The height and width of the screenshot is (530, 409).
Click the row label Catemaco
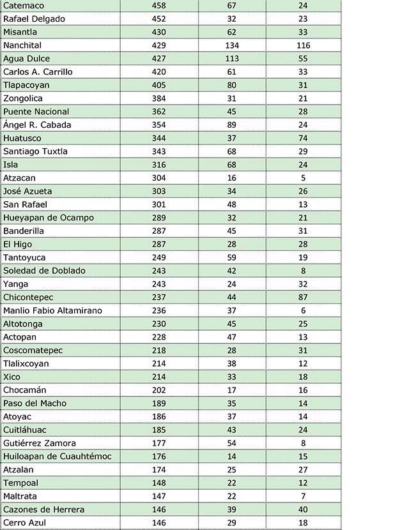click(x=24, y=6)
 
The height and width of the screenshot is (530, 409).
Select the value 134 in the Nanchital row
click(x=231, y=45)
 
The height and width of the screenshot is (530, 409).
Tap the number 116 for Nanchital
click(x=303, y=45)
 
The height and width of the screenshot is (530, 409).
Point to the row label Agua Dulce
click(x=26, y=59)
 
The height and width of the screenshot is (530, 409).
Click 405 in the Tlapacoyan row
click(x=159, y=85)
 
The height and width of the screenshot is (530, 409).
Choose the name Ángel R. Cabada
click(x=37, y=125)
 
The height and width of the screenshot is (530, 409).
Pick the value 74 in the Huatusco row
click(x=303, y=138)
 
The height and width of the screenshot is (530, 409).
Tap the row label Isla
click(x=11, y=165)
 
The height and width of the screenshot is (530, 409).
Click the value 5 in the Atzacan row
click(x=303, y=178)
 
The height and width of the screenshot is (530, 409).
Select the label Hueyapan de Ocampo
click(x=49, y=218)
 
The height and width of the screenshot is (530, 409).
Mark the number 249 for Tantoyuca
click(x=159, y=257)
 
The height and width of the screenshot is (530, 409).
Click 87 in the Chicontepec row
click(x=303, y=297)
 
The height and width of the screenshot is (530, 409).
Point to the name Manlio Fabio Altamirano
click(x=52, y=310)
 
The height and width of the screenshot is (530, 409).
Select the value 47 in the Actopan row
click(x=231, y=337)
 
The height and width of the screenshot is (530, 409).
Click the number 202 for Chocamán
click(x=159, y=390)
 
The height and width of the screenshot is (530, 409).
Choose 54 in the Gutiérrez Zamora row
click(x=231, y=443)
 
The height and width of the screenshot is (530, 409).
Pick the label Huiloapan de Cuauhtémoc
click(x=58, y=456)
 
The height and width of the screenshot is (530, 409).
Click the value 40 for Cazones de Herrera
click(x=303, y=509)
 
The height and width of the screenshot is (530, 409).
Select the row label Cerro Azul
click(x=26, y=522)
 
